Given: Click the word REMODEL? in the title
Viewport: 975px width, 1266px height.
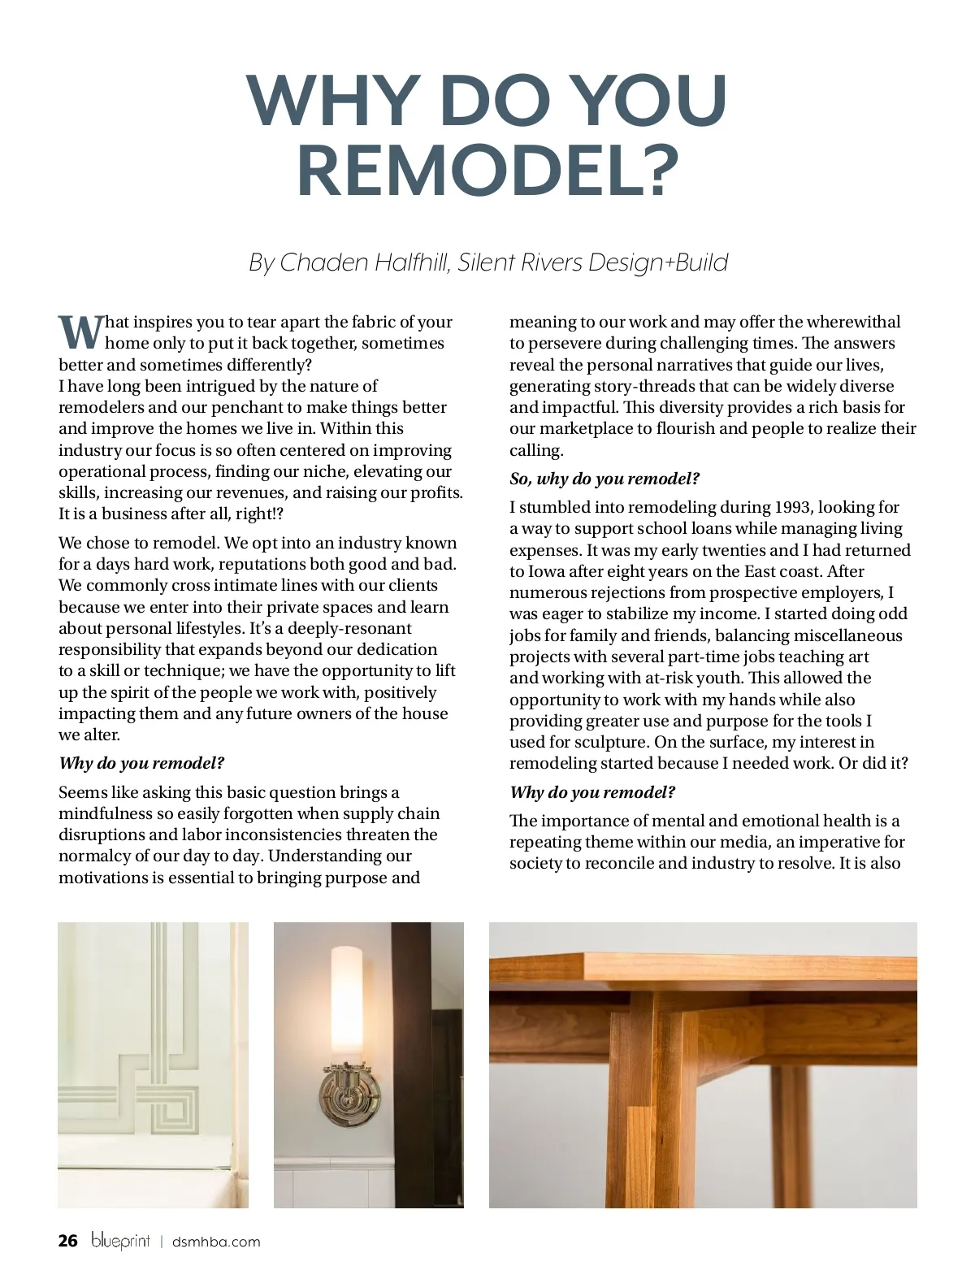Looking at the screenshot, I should pyautogui.click(x=487, y=170).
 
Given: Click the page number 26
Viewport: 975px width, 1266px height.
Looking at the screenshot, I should pyautogui.click(x=68, y=1241).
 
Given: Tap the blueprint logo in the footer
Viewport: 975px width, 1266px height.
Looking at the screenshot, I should pyautogui.click(x=120, y=1241).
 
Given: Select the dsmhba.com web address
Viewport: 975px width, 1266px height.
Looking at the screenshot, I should pyautogui.click(x=216, y=1242).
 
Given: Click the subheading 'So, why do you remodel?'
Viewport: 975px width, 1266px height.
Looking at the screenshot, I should pyautogui.click(x=604, y=479).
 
